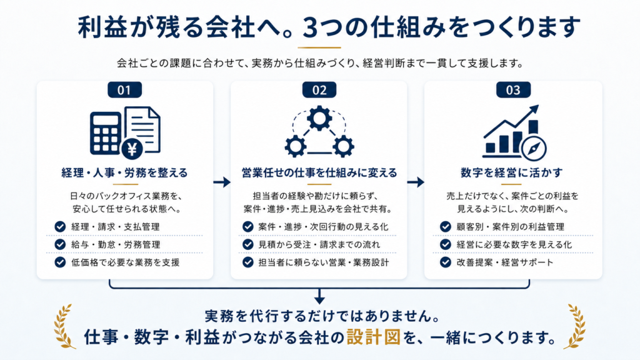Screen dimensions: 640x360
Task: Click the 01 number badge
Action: click(x=124, y=90)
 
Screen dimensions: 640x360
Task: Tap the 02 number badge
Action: click(x=319, y=90)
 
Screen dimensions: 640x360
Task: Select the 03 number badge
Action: click(x=513, y=90)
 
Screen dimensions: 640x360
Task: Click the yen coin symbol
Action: click(x=132, y=149)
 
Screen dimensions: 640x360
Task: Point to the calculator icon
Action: click(x=105, y=134)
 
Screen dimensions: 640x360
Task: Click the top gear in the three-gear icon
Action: click(x=319, y=119)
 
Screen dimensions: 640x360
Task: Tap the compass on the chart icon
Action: click(x=534, y=149)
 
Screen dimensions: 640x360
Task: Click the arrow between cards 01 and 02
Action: click(x=222, y=182)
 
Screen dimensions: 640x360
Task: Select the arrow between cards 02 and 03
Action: click(x=416, y=182)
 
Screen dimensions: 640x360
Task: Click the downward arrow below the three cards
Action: click(x=319, y=296)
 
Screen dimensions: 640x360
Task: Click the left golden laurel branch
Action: click(x=64, y=326)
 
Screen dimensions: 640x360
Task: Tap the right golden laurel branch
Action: click(x=575, y=326)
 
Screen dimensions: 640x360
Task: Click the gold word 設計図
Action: click(x=374, y=337)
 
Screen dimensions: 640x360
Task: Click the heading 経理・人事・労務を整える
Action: click(x=124, y=172)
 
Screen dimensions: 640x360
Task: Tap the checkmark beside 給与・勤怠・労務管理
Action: click(x=60, y=244)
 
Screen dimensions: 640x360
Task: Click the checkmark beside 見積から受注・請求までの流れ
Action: click(x=247, y=244)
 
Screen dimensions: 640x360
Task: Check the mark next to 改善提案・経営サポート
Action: click(x=445, y=262)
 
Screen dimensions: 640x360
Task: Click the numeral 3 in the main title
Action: click(x=310, y=27)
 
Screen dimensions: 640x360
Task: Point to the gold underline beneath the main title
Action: click(x=319, y=47)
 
